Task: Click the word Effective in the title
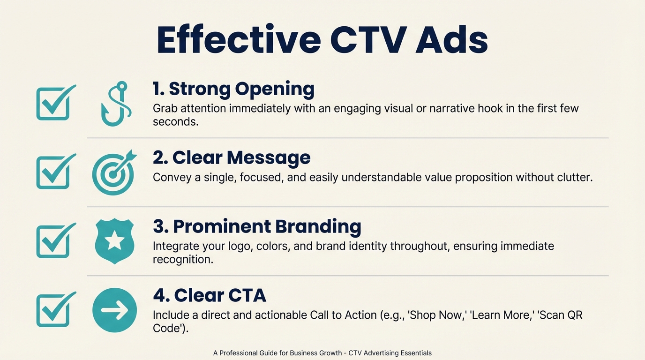pyautogui.click(x=238, y=39)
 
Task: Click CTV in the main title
pyautogui.click(x=367, y=39)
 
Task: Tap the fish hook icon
pyautogui.click(x=115, y=104)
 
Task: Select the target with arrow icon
pyautogui.click(x=114, y=172)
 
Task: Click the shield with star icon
pyautogui.click(x=115, y=241)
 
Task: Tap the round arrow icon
pyautogui.click(x=115, y=310)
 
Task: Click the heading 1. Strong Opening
pyautogui.click(x=233, y=89)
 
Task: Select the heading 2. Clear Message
pyautogui.click(x=232, y=157)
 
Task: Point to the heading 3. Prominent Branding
pyautogui.click(x=257, y=226)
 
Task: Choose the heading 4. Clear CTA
pyautogui.click(x=210, y=295)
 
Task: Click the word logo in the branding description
pyautogui.click(x=240, y=246)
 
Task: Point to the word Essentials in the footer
pyautogui.click(x=413, y=353)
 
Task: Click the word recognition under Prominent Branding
pyautogui.click(x=183, y=259)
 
